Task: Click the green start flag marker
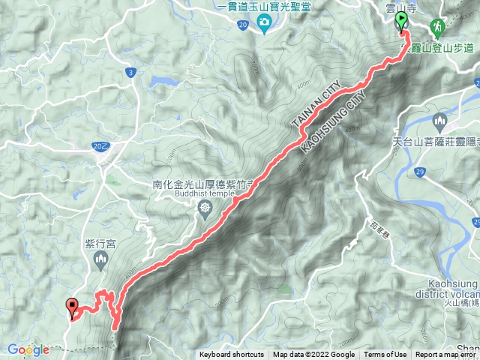(402, 20)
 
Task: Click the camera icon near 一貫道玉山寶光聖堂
(265, 25)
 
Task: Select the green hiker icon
(437, 26)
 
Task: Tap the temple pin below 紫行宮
(102, 259)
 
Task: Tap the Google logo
(28, 349)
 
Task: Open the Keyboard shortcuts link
(231, 355)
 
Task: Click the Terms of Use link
(385, 355)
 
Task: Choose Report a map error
(447, 355)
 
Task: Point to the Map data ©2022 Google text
(313, 355)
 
